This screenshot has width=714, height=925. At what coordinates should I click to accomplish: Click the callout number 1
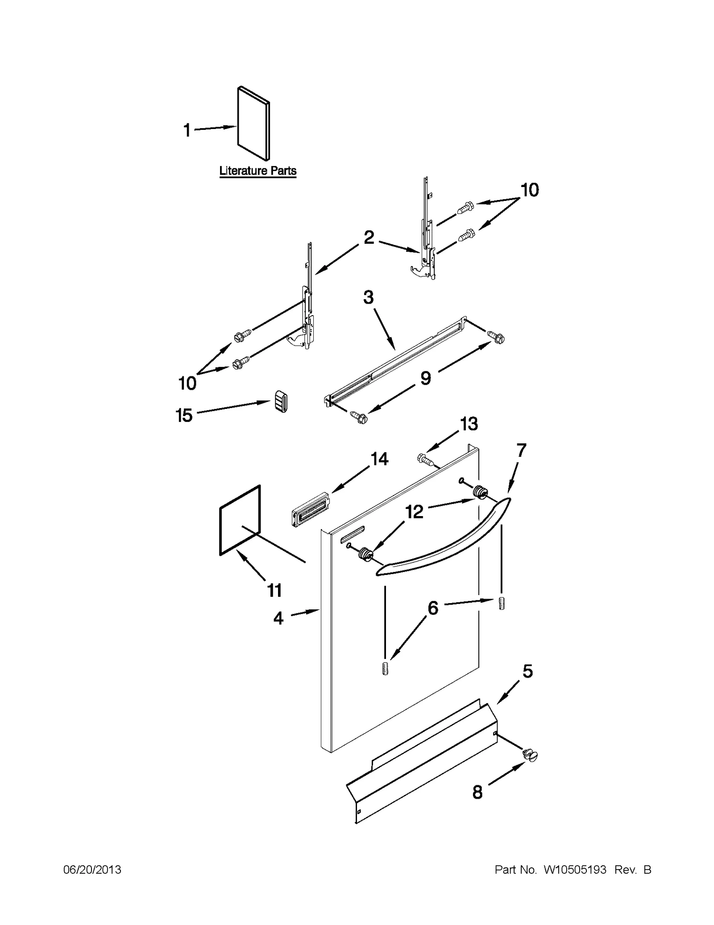[187, 130]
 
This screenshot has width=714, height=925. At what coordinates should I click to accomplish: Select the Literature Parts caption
[257, 171]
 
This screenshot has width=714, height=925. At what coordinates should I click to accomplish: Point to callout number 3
[368, 297]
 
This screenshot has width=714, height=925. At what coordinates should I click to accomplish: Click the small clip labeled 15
[280, 400]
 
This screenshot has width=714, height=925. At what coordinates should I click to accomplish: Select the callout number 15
[184, 415]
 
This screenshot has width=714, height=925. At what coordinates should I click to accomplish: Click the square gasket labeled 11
[240, 520]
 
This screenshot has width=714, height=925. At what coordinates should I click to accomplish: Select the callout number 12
[415, 512]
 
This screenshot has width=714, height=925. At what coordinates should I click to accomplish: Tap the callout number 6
[433, 608]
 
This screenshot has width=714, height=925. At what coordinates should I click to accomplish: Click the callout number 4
[278, 618]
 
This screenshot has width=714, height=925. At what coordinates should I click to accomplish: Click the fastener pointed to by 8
[530, 755]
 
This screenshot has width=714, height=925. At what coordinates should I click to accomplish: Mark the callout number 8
[477, 792]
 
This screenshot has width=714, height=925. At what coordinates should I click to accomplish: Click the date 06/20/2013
[92, 870]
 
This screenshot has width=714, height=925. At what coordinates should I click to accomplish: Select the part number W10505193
[575, 870]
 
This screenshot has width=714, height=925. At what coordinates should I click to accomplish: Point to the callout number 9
[426, 378]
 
